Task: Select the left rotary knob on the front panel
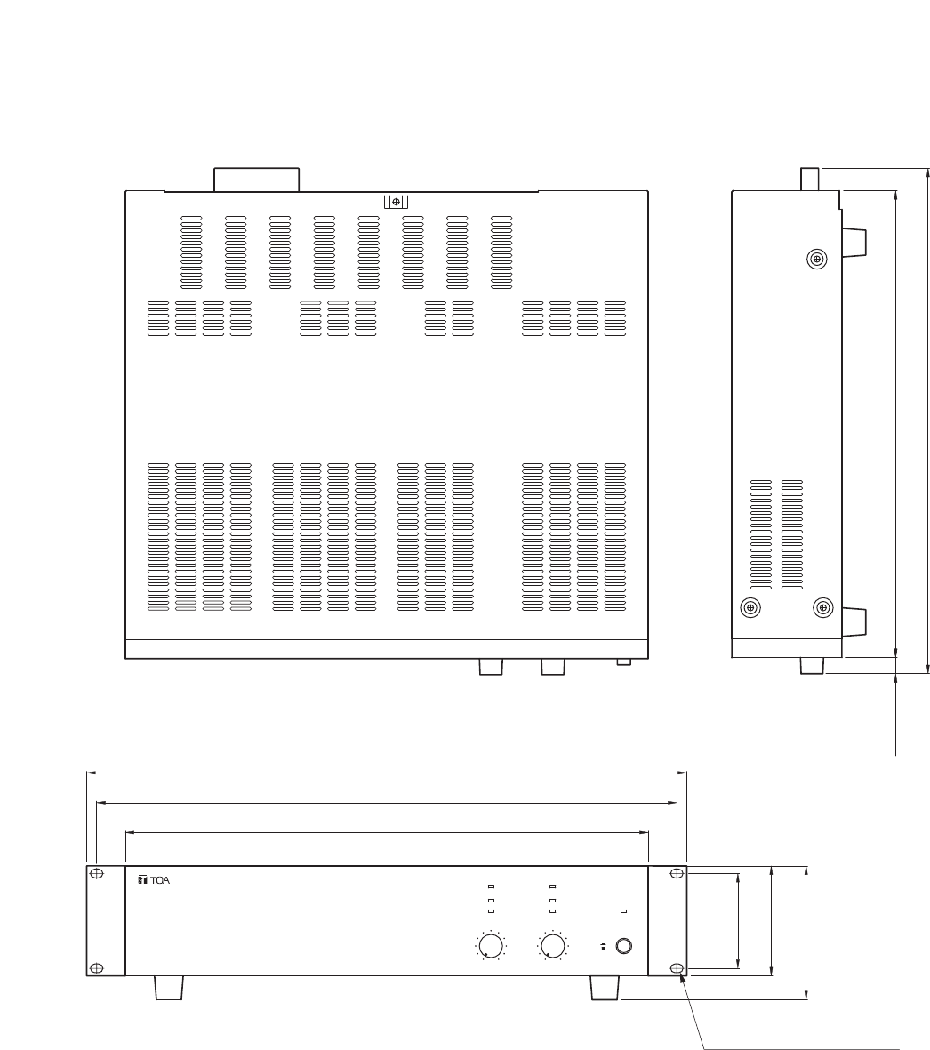click(x=489, y=944)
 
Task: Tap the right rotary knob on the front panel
click(x=552, y=944)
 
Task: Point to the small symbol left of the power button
click(x=604, y=947)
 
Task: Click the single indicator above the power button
click(x=623, y=911)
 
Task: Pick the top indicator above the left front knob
click(x=491, y=887)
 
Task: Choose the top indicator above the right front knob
click(x=552, y=887)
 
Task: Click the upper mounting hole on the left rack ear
click(x=98, y=873)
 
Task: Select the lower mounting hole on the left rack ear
click(x=98, y=967)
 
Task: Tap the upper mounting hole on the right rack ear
click(x=677, y=873)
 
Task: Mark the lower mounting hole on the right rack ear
click(x=677, y=967)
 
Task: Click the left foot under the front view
click(x=169, y=988)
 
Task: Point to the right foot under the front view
click(x=605, y=988)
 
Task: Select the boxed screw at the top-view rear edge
click(x=396, y=202)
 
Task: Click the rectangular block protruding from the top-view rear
click(x=256, y=179)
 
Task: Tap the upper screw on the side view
click(x=817, y=259)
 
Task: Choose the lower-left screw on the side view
click(x=751, y=608)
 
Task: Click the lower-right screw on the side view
click(x=823, y=608)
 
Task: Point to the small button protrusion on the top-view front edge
click(x=625, y=661)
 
